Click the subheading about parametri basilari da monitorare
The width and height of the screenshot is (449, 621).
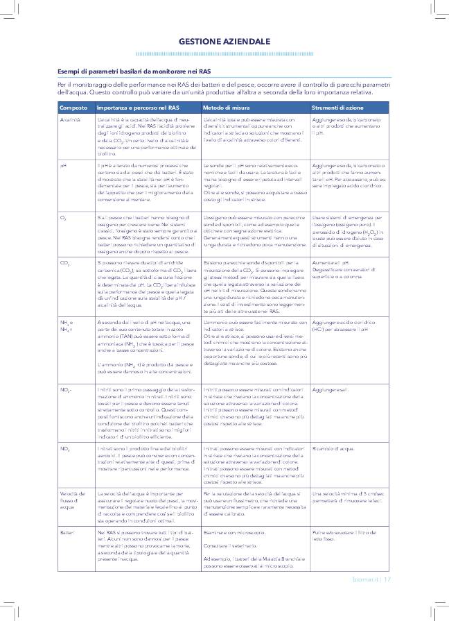(134, 71)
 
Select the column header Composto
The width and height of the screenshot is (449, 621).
(73, 108)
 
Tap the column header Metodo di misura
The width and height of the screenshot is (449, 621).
(227, 108)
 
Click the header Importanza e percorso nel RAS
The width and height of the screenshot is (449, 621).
(138, 108)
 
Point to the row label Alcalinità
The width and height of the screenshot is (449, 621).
(71, 121)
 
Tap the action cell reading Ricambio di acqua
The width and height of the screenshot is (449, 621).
(333, 448)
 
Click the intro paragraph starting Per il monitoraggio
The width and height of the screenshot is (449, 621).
(215, 88)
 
